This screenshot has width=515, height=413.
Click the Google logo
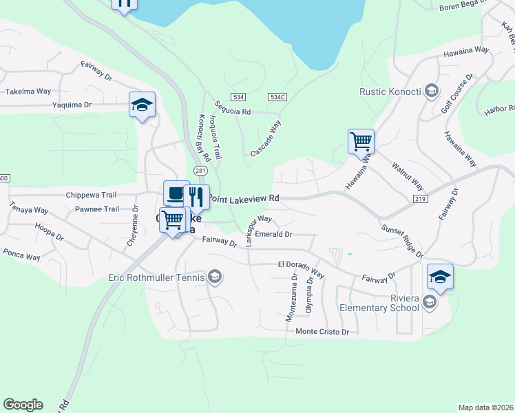[23, 405]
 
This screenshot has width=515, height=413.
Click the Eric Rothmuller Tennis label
[156, 277]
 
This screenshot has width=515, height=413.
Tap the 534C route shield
[277, 98]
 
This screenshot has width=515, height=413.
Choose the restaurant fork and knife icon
[196, 197]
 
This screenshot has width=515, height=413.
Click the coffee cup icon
[176, 193]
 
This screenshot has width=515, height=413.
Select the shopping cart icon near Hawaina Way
[361, 142]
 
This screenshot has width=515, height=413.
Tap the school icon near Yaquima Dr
[142, 105]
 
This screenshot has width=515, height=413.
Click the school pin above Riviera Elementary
[440, 277]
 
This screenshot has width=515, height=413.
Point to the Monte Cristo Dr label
[322, 332]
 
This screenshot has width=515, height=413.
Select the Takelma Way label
[28, 91]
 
